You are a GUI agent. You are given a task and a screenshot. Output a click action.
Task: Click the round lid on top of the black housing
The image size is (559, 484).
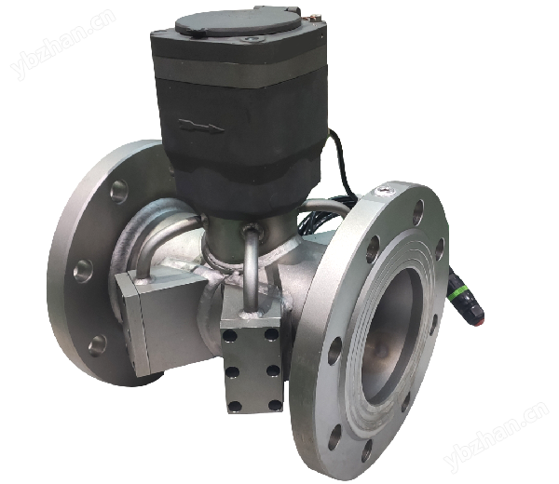pos(239,21)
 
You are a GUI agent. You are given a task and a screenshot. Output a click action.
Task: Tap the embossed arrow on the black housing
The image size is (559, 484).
pos(201,126)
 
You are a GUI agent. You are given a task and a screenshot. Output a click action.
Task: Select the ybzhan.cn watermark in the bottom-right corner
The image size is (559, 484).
pos(497,434)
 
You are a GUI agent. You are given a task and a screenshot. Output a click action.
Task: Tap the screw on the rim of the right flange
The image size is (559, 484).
pos(384,191)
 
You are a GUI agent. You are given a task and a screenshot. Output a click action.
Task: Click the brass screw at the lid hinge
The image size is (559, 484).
pos(316,16)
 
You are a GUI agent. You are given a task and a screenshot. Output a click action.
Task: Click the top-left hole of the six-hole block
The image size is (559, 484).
pos(229,335)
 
